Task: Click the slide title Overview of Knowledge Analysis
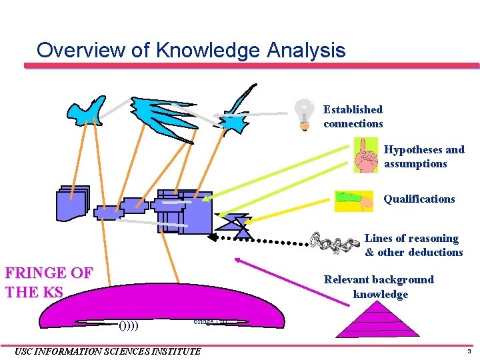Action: pyautogui.click(x=191, y=50)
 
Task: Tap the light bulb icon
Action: pyautogui.click(x=305, y=114)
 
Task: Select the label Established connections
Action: pyautogui.click(x=353, y=117)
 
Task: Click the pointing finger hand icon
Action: pyautogui.click(x=365, y=155)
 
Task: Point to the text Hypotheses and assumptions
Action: pyautogui.click(x=424, y=157)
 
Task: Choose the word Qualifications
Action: pyautogui.click(x=419, y=199)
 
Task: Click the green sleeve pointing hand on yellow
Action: pyautogui.click(x=354, y=201)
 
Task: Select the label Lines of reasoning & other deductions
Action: pyautogui.click(x=413, y=245)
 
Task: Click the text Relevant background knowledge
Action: pyautogui.click(x=379, y=287)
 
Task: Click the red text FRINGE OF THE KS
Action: pyautogui.click(x=49, y=282)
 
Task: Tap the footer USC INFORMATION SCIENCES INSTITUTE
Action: pyautogui.click(x=107, y=351)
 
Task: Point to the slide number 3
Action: pyautogui.click(x=469, y=351)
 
